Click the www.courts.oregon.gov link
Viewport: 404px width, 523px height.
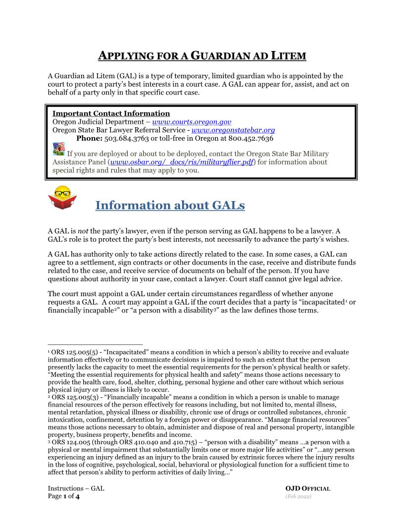click(192, 122)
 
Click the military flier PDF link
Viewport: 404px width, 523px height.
click(181, 162)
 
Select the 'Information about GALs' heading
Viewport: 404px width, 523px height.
click(170, 205)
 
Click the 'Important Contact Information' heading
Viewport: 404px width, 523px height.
click(111, 113)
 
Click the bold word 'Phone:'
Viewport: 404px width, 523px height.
click(89, 139)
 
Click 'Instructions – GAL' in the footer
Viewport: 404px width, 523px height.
click(76, 489)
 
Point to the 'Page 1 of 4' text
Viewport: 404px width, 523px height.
click(63, 497)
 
